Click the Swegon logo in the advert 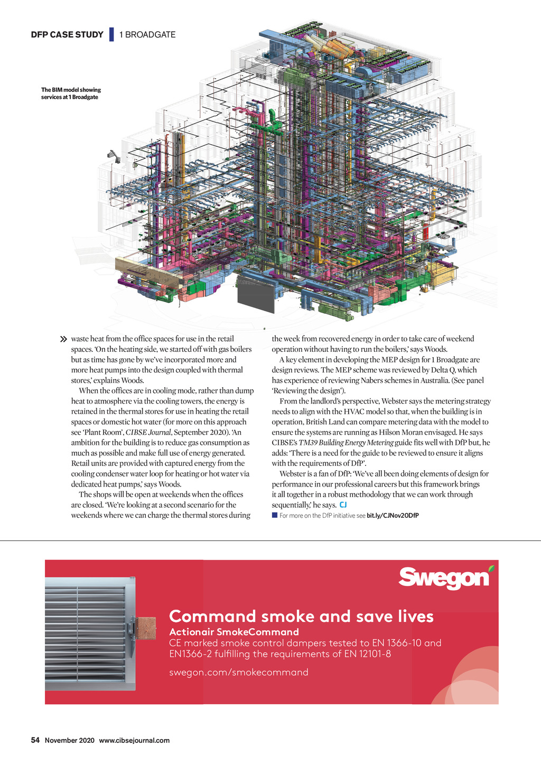[x=444, y=578]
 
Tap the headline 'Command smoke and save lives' [x=301, y=616]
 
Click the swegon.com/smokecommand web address [x=238, y=672]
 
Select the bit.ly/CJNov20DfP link [x=393, y=516]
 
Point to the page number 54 [x=35, y=740]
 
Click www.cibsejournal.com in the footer [x=134, y=740]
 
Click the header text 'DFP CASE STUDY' [x=67, y=35]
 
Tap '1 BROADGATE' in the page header [x=147, y=35]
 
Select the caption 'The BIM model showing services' [x=71, y=94]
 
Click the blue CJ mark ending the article [x=343, y=505]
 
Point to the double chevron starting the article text [x=64, y=339]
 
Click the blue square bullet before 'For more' [x=275, y=515]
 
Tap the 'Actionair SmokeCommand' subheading [x=234, y=632]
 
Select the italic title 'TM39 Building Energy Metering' [x=346, y=443]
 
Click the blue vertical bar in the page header [x=111, y=34]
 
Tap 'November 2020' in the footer [x=70, y=740]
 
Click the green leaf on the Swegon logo [x=492, y=569]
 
